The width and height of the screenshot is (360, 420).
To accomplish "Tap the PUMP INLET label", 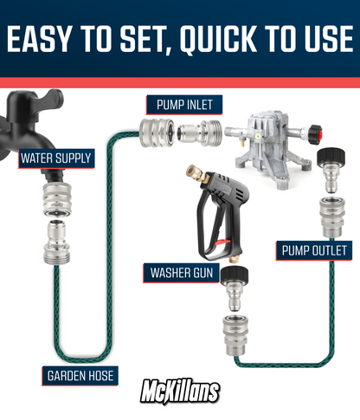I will (x=184, y=105).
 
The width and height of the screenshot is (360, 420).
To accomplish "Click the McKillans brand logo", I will (x=180, y=391).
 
